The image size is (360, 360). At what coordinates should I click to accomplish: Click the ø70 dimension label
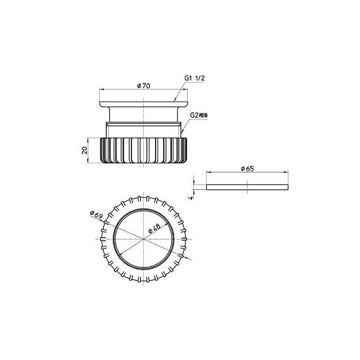click(x=144, y=86)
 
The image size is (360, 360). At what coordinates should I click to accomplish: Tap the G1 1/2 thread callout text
click(x=195, y=78)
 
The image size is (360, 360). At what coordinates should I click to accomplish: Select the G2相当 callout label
click(x=199, y=115)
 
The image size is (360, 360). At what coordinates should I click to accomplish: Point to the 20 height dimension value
click(x=85, y=150)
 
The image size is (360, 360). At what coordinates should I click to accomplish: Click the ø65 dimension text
click(x=247, y=169)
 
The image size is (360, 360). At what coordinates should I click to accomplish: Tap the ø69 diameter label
click(x=96, y=215)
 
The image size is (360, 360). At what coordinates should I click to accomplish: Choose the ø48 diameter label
click(x=154, y=229)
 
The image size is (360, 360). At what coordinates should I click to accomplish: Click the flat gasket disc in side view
click(x=247, y=187)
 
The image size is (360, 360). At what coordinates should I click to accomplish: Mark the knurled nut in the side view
click(x=144, y=150)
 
